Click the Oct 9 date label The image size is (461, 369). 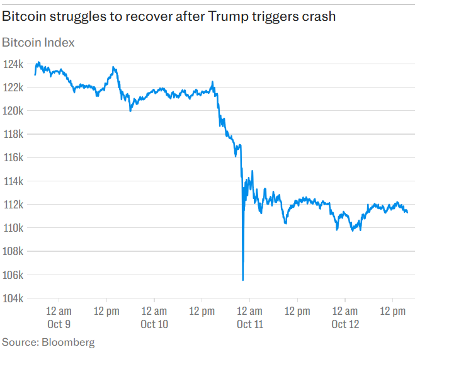click(59, 324)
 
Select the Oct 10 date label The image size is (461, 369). click(154, 324)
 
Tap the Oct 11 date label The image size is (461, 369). click(249, 324)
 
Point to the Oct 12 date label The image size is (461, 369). click(344, 324)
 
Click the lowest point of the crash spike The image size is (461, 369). click(243, 280)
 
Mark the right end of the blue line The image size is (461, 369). click(407, 212)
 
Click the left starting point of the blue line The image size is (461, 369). click(35, 74)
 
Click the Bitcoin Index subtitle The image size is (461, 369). click(38, 43)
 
